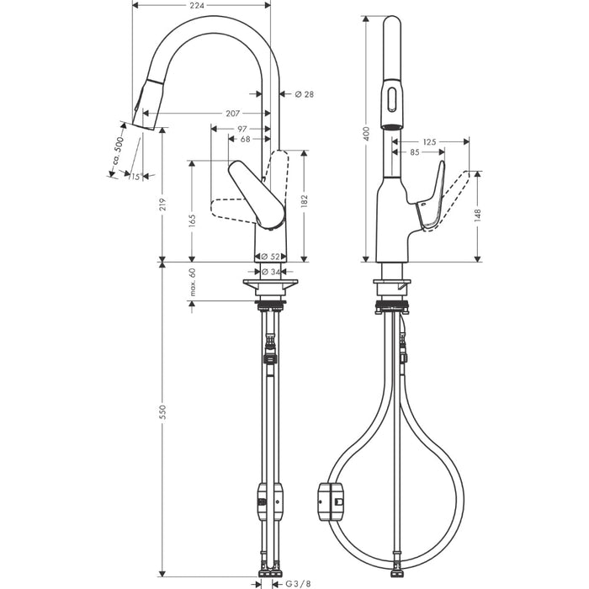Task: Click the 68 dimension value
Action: [245, 140]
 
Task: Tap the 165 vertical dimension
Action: [193, 220]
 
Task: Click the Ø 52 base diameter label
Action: [269, 256]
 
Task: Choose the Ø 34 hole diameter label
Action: [270, 271]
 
